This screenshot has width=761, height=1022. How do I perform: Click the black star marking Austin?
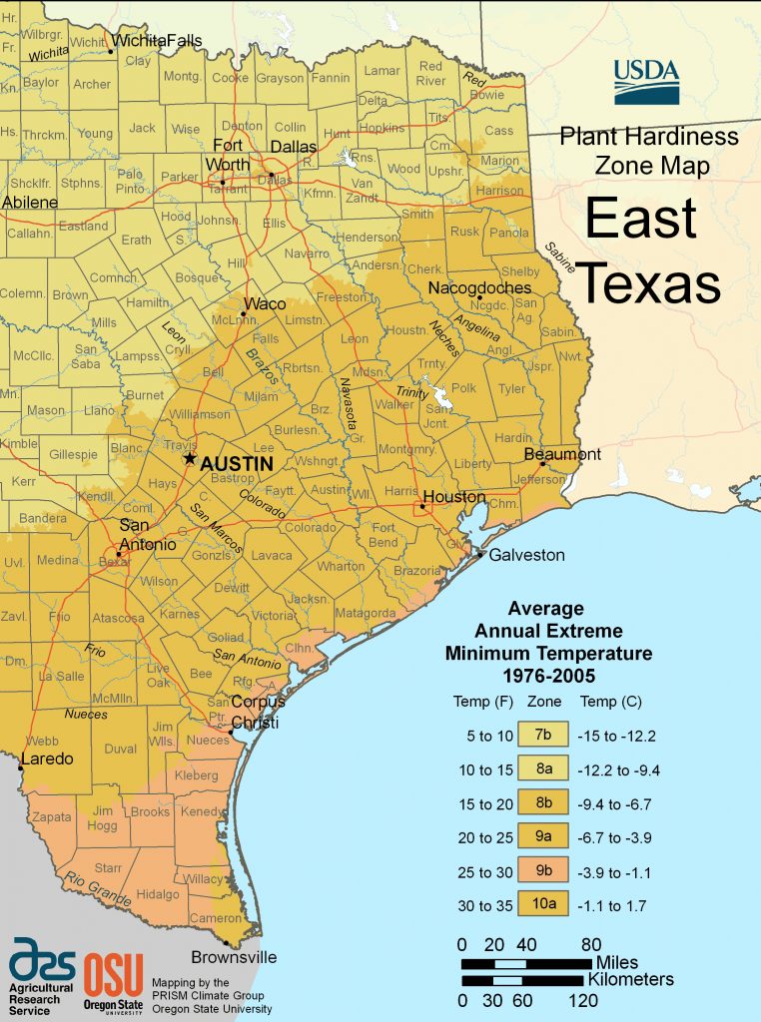coord(189,458)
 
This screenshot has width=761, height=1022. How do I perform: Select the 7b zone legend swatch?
coord(541,736)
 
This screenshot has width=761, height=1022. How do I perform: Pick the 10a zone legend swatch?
coord(541,904)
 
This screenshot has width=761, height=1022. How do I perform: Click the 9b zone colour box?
coord(541,871)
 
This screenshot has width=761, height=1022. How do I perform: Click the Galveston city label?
coord(526,555)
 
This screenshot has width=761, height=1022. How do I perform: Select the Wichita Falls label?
coord(156,41)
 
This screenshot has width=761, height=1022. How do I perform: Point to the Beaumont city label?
coord(563,454)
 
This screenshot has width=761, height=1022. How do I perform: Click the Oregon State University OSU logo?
coord(112,981)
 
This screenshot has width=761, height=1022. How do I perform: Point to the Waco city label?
coord(264,303)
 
